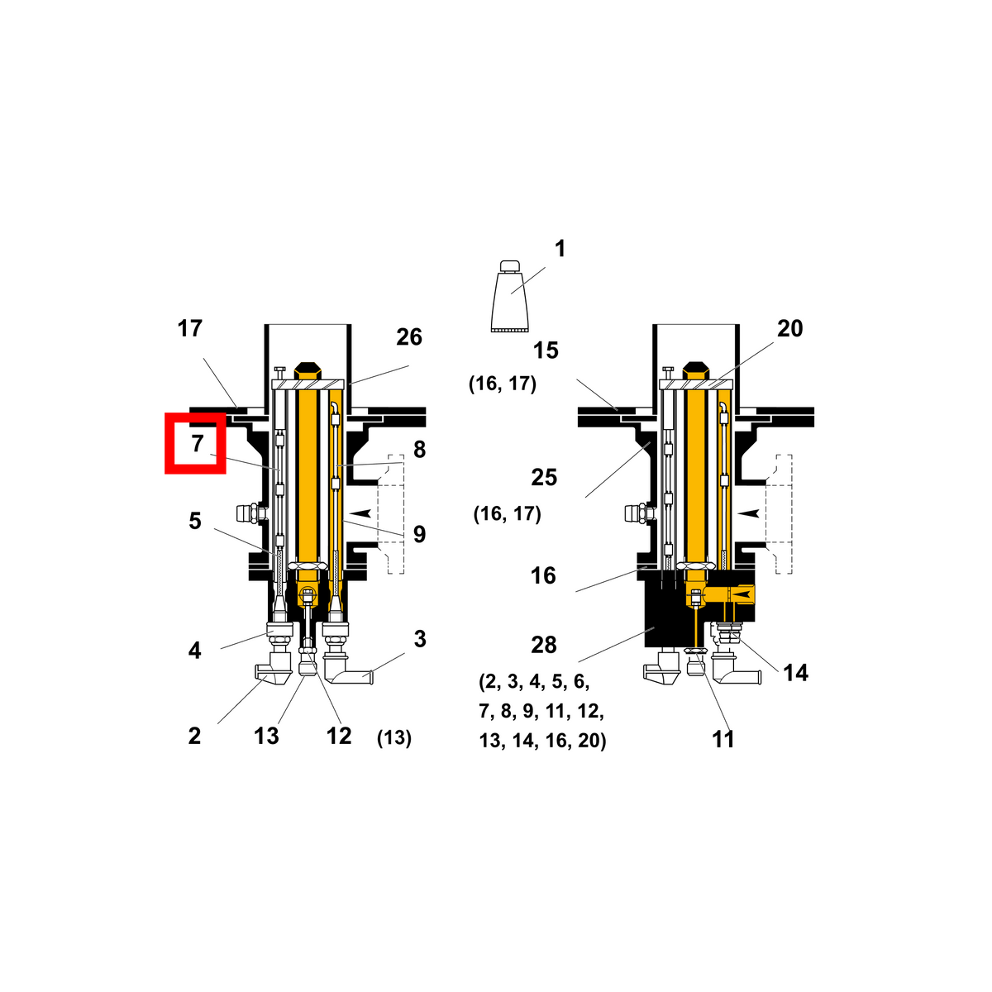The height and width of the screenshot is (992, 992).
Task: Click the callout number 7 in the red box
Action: tap(198, 443)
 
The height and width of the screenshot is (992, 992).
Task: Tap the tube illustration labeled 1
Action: tap(510, 296)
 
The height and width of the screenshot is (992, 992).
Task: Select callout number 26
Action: tap(409, 337)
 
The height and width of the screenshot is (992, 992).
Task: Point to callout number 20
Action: tap(789, 328)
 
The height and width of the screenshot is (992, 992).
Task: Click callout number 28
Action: tap(544, 645)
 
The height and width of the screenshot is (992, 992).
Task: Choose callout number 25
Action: tap(544, 477)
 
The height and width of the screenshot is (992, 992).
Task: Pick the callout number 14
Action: tap(795, 672)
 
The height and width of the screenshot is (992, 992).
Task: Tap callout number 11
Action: tap(723, 739)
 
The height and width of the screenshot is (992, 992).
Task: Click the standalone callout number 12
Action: tap(339, 737)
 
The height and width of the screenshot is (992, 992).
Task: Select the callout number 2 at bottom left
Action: tap(194, 737)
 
